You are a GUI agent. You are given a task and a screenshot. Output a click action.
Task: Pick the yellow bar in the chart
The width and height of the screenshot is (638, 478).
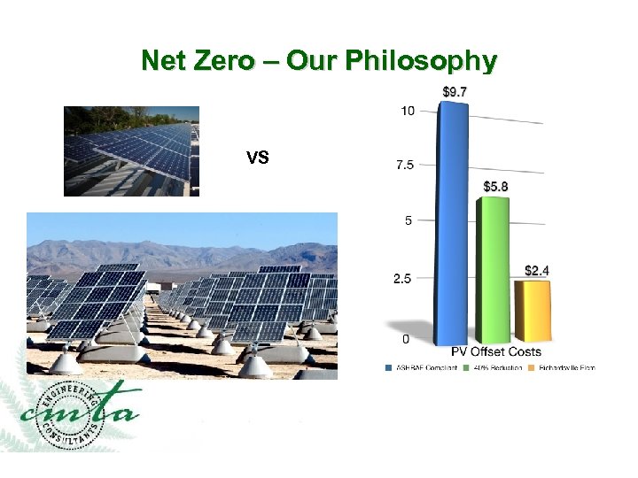pyautogui.click(x=533, y=310)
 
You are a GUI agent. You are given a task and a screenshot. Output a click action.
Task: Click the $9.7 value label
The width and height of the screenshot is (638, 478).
pyautogui.click(x=455, y=91)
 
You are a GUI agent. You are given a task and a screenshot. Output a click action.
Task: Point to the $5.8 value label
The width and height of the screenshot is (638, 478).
pyautogui.click(x=496, y=187)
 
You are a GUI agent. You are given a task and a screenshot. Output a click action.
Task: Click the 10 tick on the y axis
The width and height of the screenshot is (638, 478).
pyautogui.click(x=408, y=111)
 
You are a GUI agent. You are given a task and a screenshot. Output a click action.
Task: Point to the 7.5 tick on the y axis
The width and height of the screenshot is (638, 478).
pyautogui.click(x=404, y=165)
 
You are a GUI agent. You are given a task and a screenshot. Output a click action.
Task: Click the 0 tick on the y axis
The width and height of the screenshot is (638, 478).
pyautogui.click(x=405, y=338)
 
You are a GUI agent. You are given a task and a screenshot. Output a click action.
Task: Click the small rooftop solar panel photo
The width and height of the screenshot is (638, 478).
pyautogui.click(x=131, y=150)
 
